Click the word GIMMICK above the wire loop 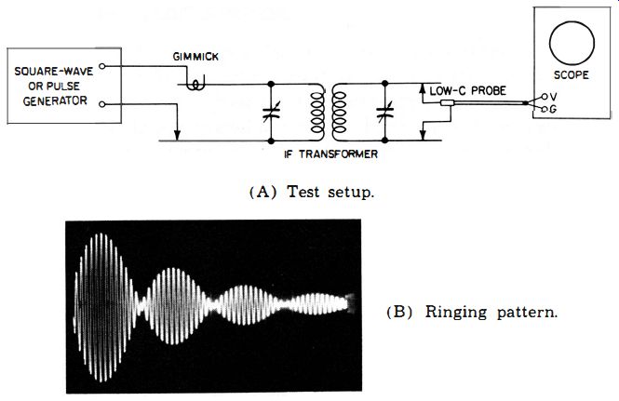pyautogui.click(x=195, y=57)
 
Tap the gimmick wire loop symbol pyautogui.click(x=195, y=84)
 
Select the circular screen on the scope pyautogui.click(x=572, y=43)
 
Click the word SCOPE pyautogui.click(x=571, y=75)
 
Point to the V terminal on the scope pyautogui.click(x=545, y=97)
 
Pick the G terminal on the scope pyautogui.click(x=545, y=109)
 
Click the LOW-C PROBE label pyautogui.click(x=467, y=91)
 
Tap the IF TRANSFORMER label pyautogui.click(x=330, y=154)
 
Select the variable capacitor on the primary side pyautogui.click(x=271, y=112)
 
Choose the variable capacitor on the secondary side pyautogui.click(x=385, y=112)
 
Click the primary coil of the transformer pyautogui.click(x=317, y=113)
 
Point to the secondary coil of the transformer pyautogui.click(x=339, y=113)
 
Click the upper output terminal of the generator pyautogui.click(x=101, y=66)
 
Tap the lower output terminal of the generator pyautogui.click(x=101, y=104)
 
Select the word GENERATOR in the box pyautogui.click(x=55, y=101)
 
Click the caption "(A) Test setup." pyautogui.click(x=312, y=193)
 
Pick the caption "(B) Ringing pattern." pyautogui.click(x=472, y=313)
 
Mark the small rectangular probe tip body pyautogui.click(x=448, y=103)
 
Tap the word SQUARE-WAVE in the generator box pyautogui.click(x=54, y=72)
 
